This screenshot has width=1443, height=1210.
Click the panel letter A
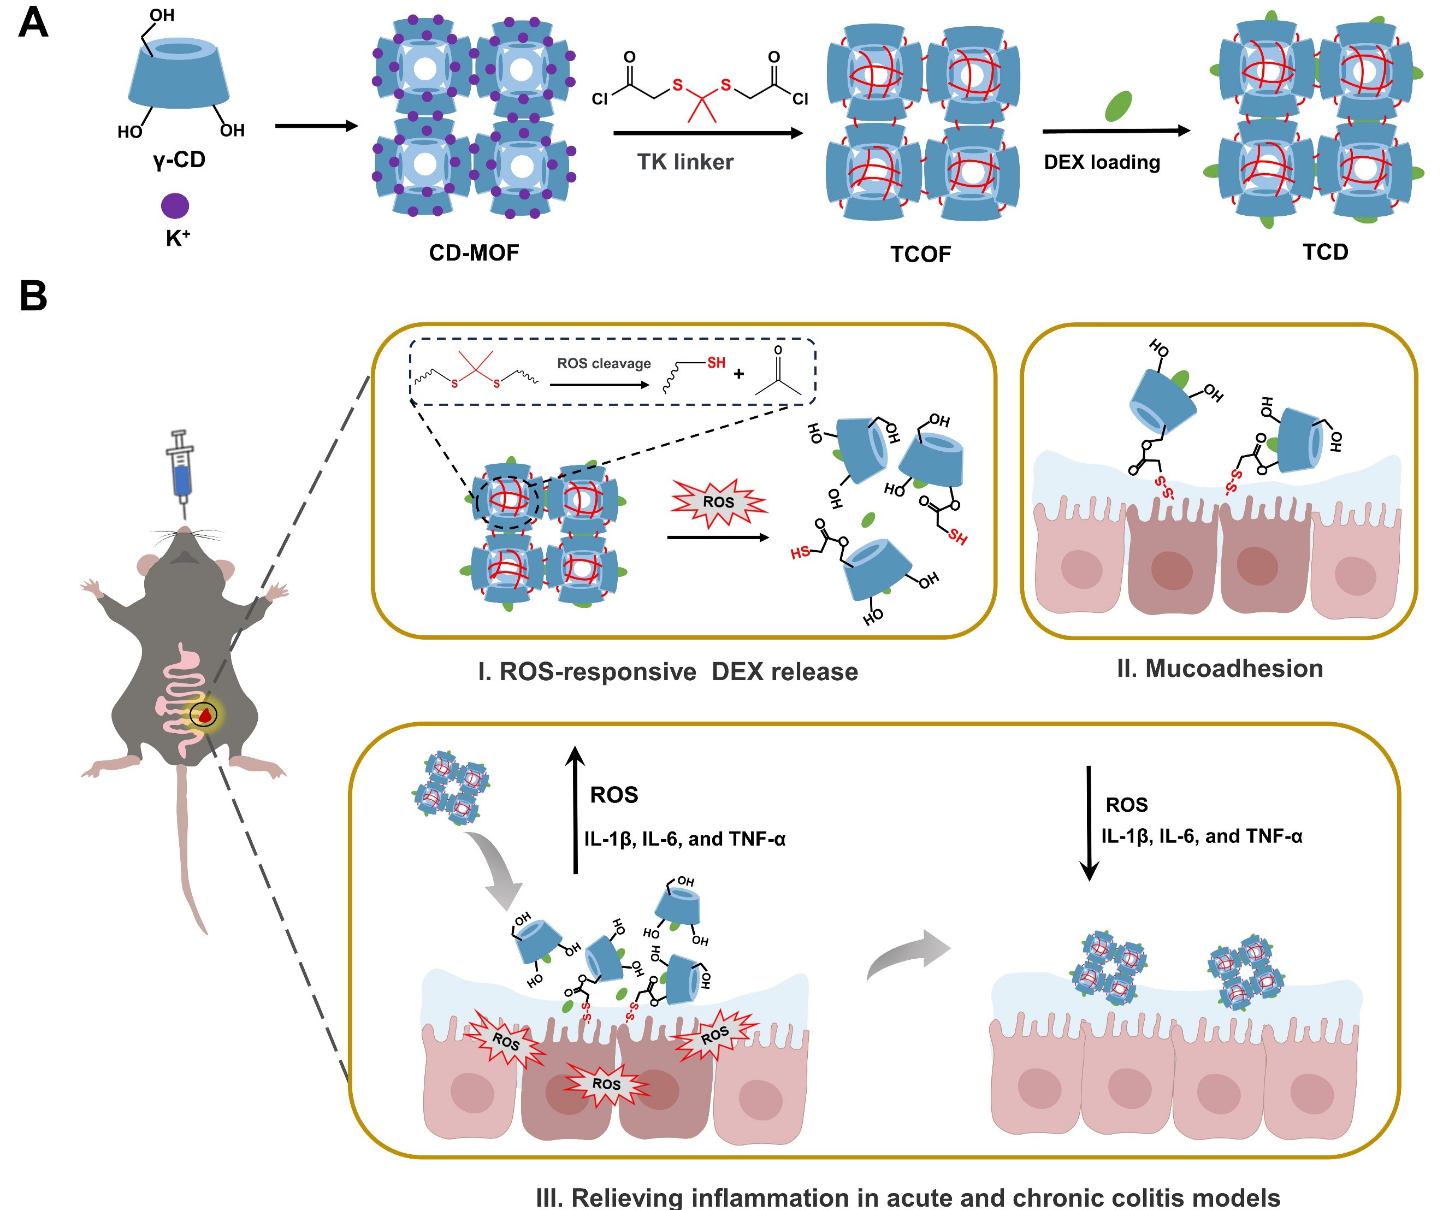(33, 23)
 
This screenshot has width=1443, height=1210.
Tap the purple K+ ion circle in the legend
(175, 205)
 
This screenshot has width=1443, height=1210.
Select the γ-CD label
(179, 160)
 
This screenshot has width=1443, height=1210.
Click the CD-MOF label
(474, 253)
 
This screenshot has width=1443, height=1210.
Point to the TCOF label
(920, 254)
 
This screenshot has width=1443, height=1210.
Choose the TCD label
(1325, 252)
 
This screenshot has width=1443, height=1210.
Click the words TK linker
(684, 162)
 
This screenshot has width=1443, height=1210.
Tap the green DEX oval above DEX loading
(1118, 107)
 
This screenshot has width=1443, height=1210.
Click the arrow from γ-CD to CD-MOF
(316, 126)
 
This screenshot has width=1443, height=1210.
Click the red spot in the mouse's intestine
(204, 715)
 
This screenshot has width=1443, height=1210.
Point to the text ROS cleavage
(604, 363)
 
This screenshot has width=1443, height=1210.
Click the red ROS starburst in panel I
(718, 502)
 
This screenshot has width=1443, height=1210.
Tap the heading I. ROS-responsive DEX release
(667, 671)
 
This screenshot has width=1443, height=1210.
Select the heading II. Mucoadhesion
(1220, 669)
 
